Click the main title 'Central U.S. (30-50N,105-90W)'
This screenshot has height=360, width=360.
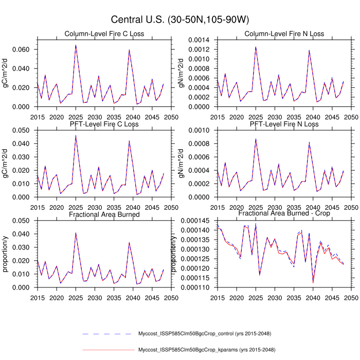pos(180,20)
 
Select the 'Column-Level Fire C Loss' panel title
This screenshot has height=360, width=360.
pos(104,34)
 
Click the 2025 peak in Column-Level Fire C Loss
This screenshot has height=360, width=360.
pos(76,45)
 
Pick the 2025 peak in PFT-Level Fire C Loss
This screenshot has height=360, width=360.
pos(76,136)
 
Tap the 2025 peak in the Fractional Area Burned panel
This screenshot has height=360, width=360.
pos(76,232)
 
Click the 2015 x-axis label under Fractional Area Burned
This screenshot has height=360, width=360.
pos(37,297)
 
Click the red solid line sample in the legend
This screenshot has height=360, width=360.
pos(107,350)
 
